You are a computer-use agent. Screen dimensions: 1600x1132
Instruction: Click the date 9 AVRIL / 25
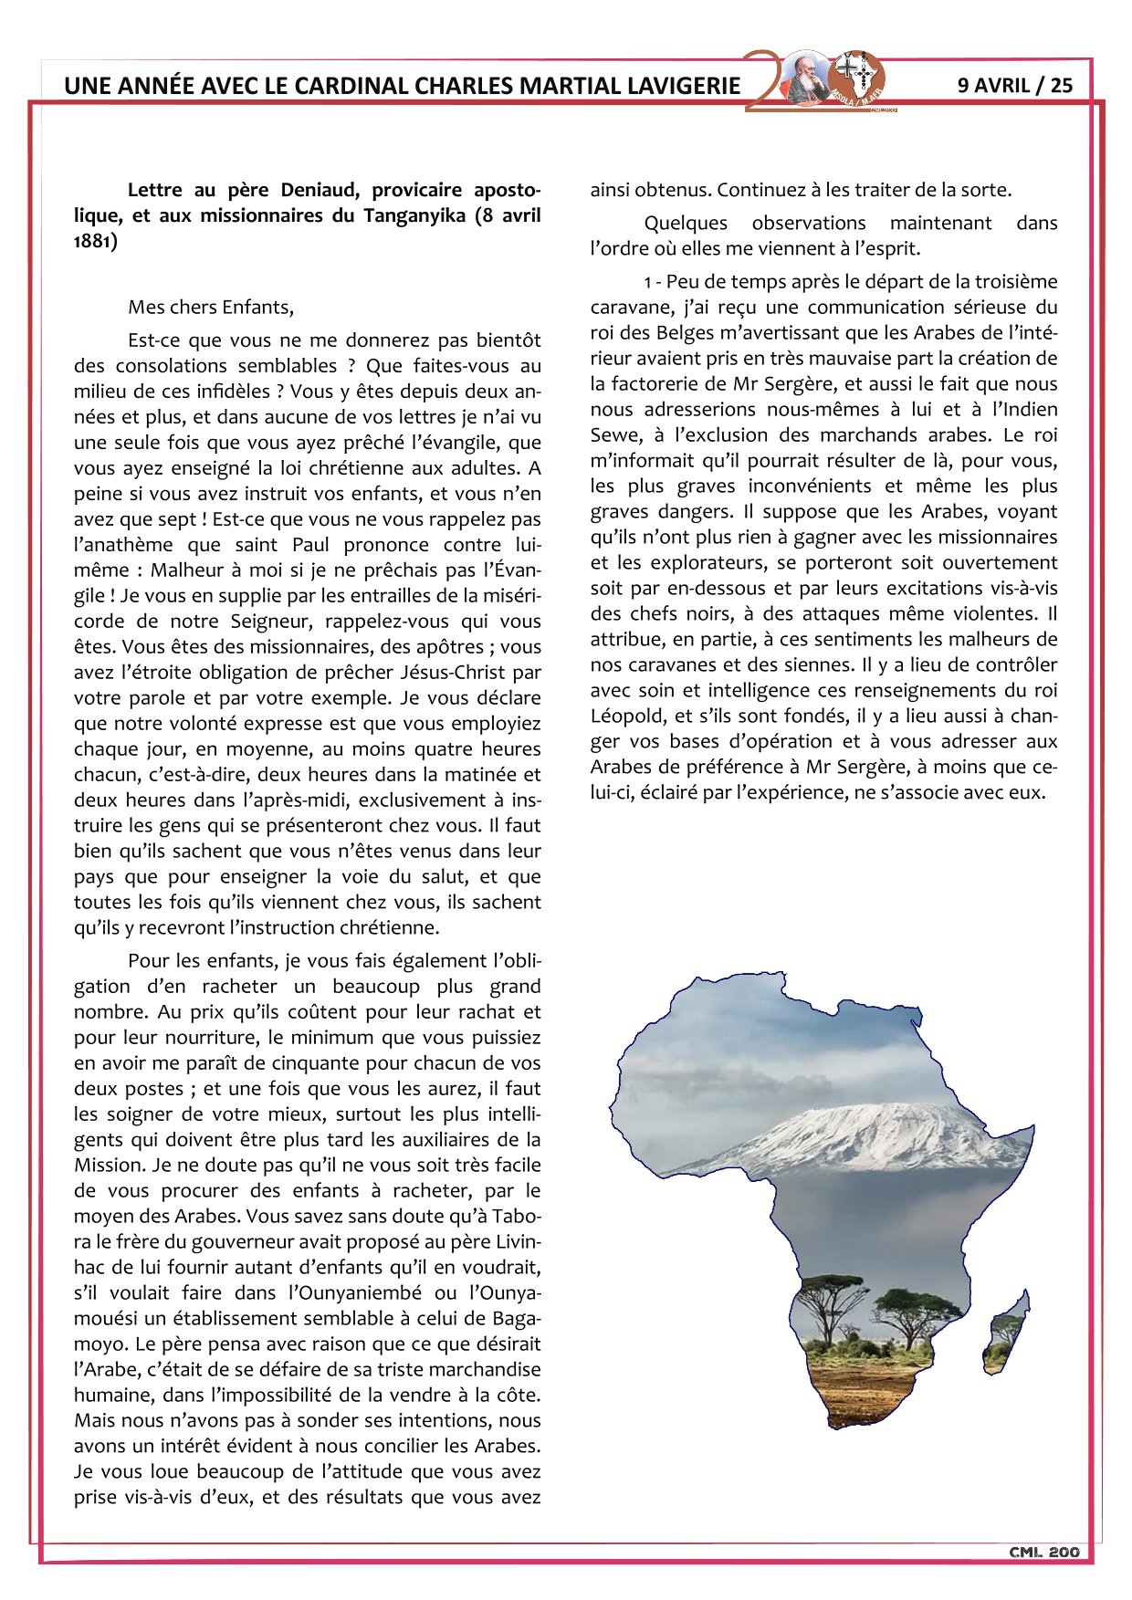point(1015,85)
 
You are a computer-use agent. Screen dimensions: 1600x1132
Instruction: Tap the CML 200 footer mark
point(1044,1553)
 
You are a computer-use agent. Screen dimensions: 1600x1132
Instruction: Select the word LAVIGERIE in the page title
point(684,86)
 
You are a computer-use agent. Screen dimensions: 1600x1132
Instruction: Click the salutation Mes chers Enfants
point(211,307)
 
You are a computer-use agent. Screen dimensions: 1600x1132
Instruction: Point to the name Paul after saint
point(310,545)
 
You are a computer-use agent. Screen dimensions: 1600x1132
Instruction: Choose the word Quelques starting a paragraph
point(686,223)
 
